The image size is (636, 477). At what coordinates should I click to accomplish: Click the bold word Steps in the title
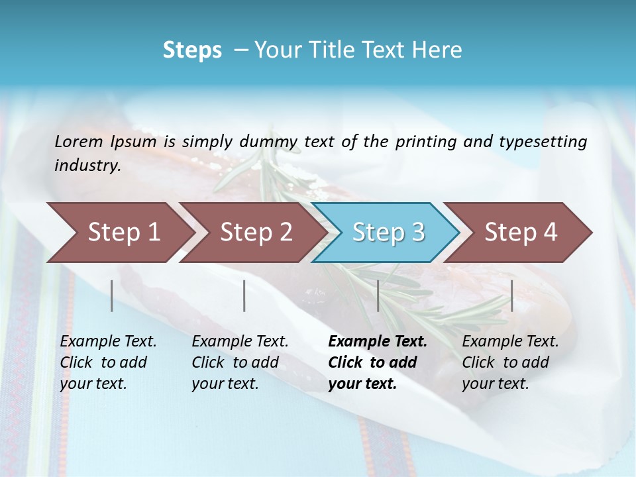coord(192,50)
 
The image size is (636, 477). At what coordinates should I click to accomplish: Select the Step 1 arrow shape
coord(119,233)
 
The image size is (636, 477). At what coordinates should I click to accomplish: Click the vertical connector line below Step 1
coord(111,295)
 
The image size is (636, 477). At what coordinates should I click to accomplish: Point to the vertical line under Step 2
coord(244,295)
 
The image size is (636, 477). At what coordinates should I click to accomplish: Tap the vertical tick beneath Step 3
coord(378,295)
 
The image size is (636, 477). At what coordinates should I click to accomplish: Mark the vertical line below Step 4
coord(511,295)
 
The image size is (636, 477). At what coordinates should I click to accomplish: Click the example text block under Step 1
coord(108,362)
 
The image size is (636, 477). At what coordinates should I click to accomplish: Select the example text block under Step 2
coord(240,362)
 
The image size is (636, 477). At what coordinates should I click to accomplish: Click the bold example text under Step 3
coord(377,362)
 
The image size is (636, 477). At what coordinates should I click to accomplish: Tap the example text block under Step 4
coord(510,362)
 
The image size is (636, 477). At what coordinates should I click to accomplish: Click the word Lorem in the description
coord(78,142)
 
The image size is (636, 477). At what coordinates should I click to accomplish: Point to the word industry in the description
coord(87,166)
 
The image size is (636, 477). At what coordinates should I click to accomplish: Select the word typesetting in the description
coord(543,142)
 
